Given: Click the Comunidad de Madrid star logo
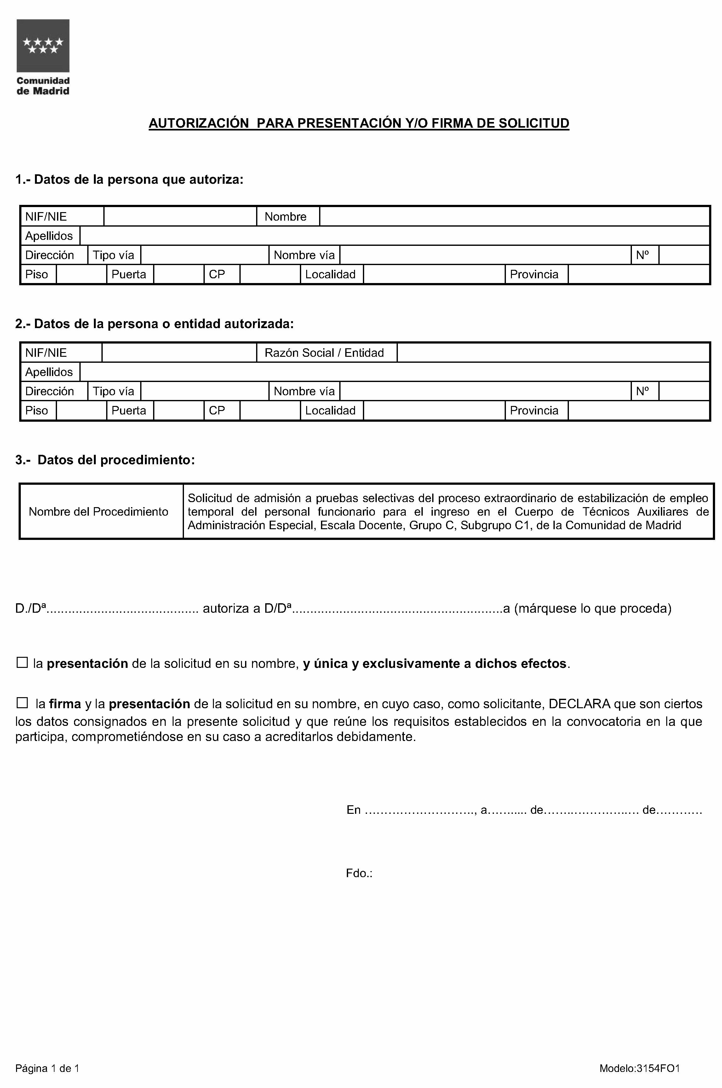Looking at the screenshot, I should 43,46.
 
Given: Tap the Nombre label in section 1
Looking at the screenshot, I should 285,217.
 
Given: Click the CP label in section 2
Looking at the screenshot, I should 217,410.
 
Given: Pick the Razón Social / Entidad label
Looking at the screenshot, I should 324,353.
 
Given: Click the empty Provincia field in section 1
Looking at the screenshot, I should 638,275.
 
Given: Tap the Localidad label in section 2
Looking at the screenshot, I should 330,410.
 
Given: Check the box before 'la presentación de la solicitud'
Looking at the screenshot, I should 22,663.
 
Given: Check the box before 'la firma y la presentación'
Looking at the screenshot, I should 22,703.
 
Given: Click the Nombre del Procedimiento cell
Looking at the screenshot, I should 99,512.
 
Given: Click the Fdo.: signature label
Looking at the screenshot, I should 359,873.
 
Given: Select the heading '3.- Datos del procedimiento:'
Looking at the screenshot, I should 105,460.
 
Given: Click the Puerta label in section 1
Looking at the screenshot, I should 129,275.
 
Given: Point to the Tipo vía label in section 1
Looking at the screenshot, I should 113,255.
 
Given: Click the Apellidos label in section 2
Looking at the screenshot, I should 49,372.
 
